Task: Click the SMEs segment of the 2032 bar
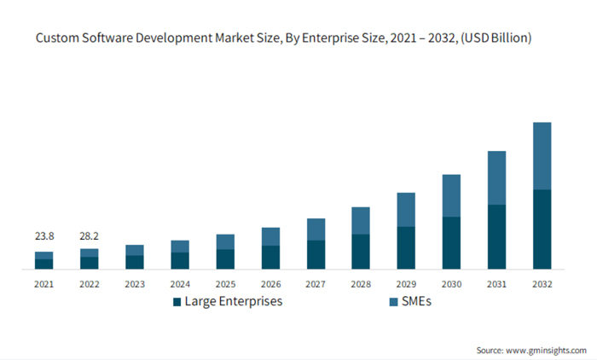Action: (542, 155)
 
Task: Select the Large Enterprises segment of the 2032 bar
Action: (542, 229)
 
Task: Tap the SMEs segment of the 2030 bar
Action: (451, 195)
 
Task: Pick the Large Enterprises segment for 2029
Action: (406, 247)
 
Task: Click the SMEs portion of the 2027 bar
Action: (316, 229)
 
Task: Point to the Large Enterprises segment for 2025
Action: (225, 259)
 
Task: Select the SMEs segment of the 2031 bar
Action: (496, 177)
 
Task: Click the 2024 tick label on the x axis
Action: (180, 283)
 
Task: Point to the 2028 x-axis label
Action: (361, 283)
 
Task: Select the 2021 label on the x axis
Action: (43, 283)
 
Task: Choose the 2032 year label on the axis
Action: (542, 283)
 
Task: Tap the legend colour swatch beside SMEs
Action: (393, 302)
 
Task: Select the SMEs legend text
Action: (417, 302)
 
